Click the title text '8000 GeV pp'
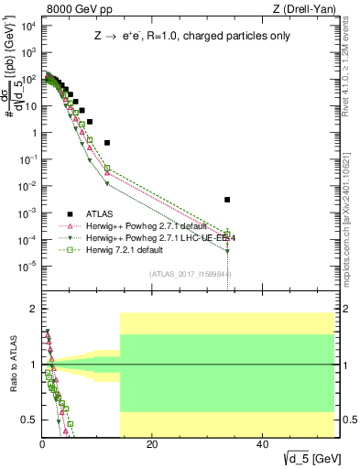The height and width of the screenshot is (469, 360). coord(74,8)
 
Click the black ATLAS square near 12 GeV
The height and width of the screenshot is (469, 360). coord(107,143)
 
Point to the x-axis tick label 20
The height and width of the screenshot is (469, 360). coord(152,445)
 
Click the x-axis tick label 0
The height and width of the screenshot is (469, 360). coord(42,445)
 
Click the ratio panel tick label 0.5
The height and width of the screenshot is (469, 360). coord(31,420)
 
